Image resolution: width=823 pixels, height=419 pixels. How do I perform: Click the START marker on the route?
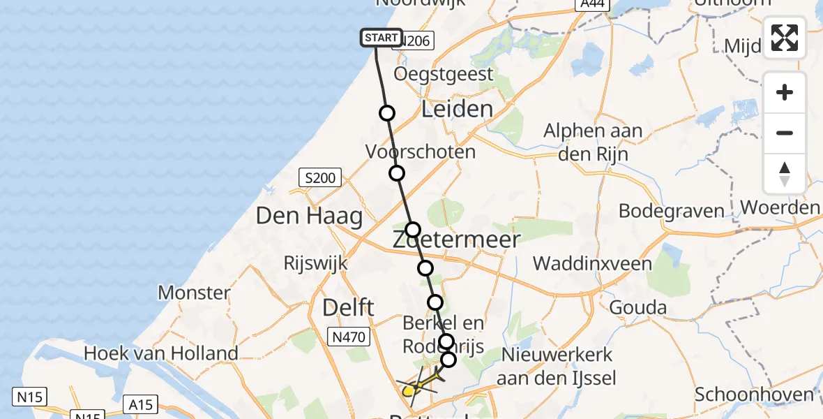point(381,37)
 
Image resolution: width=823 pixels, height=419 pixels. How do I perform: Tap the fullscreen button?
point(785,38)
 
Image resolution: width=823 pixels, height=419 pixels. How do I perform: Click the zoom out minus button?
point(785,133)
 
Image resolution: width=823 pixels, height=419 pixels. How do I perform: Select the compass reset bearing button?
point(785,173)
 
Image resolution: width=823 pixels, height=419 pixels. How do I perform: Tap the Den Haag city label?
point(309,216)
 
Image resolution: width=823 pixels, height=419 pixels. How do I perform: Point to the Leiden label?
point(457,109)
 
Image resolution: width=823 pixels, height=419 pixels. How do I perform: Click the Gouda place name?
point(637,307)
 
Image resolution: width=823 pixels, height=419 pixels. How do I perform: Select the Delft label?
point(349,307)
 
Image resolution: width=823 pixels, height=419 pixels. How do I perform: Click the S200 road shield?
point(320,178)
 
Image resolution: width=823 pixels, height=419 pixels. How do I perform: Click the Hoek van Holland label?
point(160,353)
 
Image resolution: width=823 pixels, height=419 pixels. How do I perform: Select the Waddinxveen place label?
point(592,263)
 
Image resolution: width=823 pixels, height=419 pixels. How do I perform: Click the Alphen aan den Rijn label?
point(593,142)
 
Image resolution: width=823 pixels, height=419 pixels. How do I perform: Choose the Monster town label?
point(194,292)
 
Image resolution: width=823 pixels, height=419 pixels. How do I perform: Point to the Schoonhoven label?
point(754,394)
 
